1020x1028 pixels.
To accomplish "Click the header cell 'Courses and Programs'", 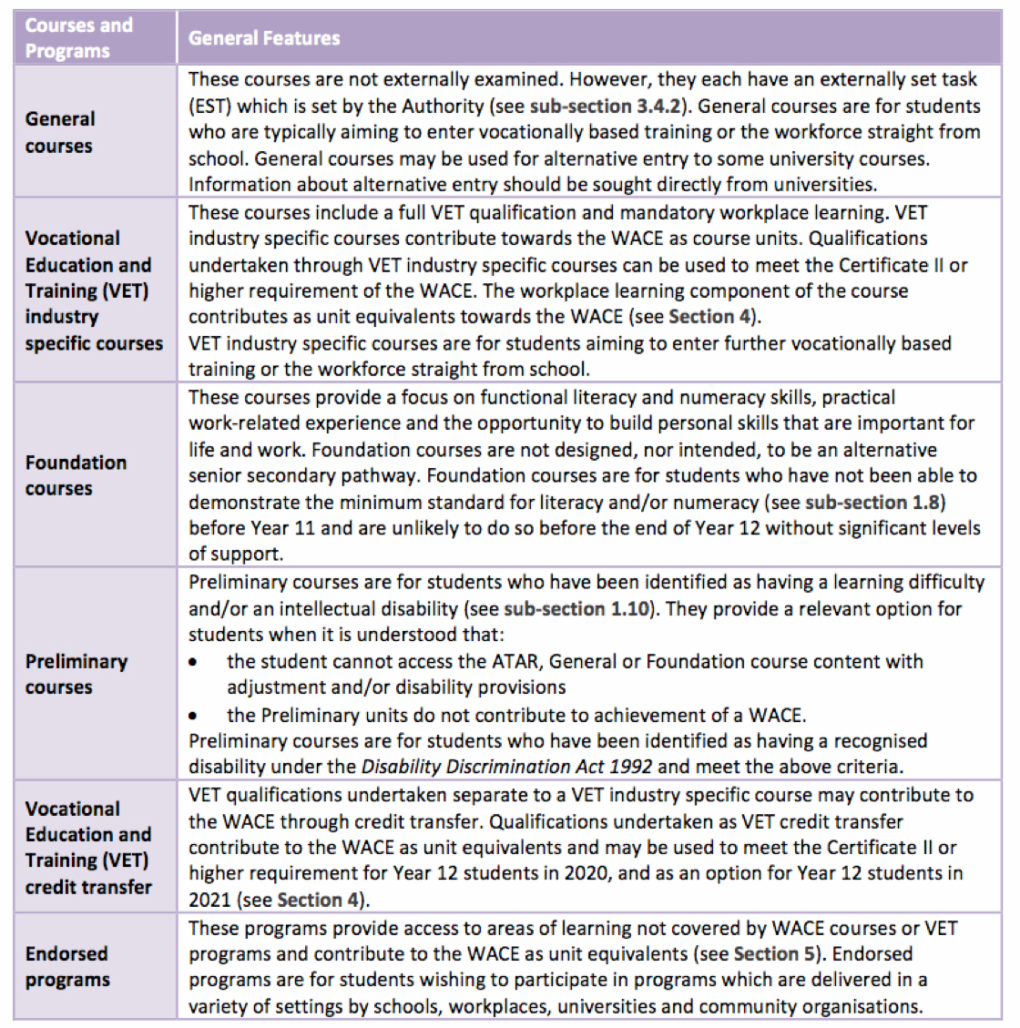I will [79, 37].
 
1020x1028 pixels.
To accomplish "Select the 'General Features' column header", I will [264, 38].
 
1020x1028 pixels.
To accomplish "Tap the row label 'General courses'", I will [60, 132].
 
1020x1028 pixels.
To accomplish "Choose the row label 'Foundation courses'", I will [76, 474].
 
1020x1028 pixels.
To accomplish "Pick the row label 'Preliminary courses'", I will [76, 674].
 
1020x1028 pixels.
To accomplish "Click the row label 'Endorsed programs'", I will [67, 966].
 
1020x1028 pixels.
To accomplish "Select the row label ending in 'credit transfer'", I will [88, 847].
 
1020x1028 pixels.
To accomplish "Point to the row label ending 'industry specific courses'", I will [94, 290].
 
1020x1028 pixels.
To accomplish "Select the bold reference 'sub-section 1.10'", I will [576, 608].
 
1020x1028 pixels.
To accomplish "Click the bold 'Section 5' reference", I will [777, 954].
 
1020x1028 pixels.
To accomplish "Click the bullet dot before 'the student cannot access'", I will [193, 662].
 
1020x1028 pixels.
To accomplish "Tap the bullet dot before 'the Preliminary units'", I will [193, 716].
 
